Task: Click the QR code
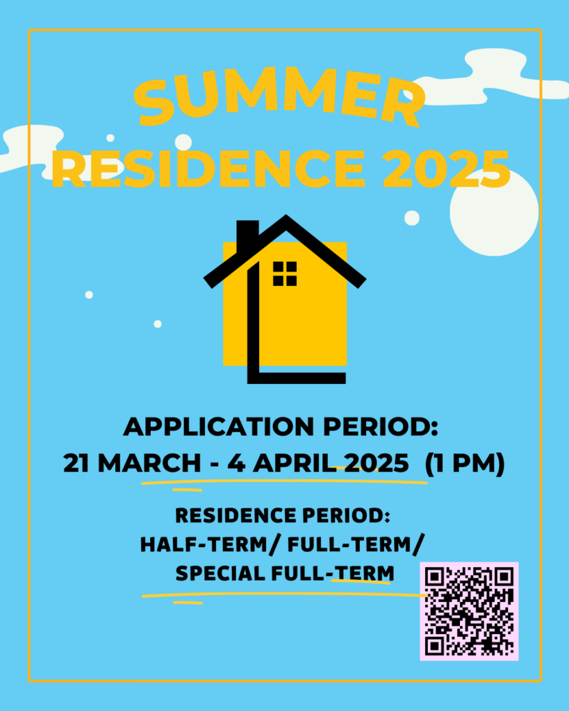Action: [x=469, y=611]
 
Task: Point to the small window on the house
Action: [x=285, y=274]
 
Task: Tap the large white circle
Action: [x=494, y=212]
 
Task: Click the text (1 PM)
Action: [x=464, y=463]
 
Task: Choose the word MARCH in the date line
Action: [x=149, y=463]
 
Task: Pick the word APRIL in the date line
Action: [x=295, y=463]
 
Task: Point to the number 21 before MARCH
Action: [x=76, y=463]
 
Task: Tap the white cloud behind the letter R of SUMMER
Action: [x=493, y=78]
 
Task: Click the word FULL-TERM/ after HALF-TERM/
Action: [x=356, y=544]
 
